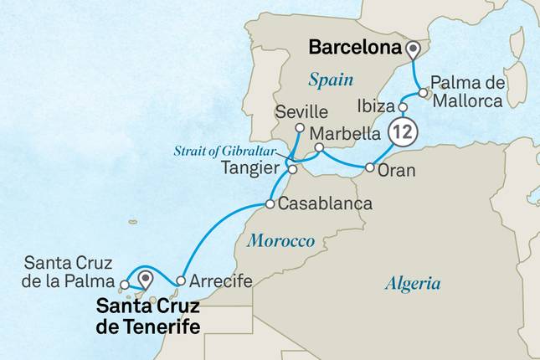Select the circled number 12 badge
402,131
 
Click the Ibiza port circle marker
402,107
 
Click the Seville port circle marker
301,127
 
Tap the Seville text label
299,111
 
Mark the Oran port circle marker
370,168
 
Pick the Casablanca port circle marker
270,204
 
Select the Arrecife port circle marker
181,280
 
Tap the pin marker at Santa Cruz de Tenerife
147,278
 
